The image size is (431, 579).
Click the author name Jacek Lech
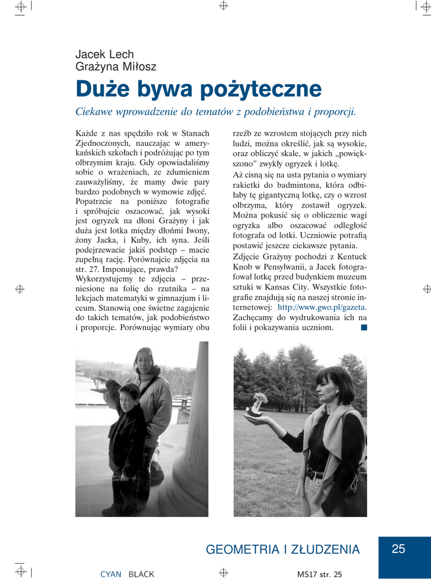coord(105,55)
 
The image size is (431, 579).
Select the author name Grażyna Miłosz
coord(116,67)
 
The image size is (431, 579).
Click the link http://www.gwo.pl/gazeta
coord(321,307)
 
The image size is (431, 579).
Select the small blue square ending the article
coord(363,327)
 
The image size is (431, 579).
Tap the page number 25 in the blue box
coord(398,549)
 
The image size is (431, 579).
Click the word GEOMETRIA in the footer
coord(243,550)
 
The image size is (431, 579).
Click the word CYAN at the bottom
coord(111,574)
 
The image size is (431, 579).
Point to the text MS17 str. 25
coord(320,574)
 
